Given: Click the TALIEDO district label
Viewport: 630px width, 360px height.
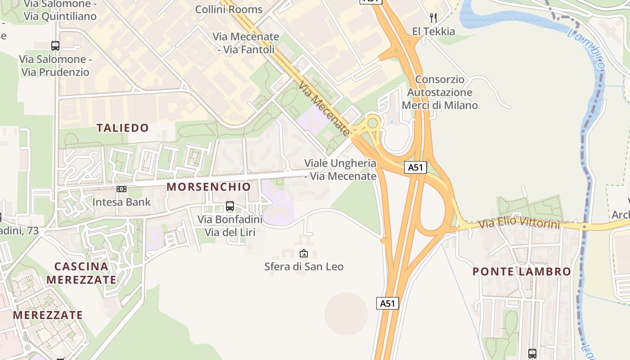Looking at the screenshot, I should [123, 128].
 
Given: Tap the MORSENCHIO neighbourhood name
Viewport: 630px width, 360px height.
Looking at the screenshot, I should [209, 187].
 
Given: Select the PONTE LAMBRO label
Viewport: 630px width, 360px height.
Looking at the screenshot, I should [522, 272].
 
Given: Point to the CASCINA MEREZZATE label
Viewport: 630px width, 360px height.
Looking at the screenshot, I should [81, 273].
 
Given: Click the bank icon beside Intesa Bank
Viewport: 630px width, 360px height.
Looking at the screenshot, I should [121, 189].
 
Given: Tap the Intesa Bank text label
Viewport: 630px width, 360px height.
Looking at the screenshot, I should [121, 202].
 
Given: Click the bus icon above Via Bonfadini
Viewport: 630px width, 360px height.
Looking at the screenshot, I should [230, 206].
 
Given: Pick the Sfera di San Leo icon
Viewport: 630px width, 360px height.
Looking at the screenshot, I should [304, 254].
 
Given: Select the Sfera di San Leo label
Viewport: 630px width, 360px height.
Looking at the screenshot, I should [304, 267].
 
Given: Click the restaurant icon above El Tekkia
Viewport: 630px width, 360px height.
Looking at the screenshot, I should [433, 18].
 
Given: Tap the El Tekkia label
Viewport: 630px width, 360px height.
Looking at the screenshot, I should [433, 31].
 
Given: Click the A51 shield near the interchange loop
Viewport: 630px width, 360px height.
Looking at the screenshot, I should [415, 167].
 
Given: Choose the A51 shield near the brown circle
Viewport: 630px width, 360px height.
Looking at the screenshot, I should [387, 303].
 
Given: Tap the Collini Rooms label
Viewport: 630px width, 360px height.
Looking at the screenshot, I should [229, 9].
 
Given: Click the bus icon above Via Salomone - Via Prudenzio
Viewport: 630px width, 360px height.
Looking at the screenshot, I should [55, 46].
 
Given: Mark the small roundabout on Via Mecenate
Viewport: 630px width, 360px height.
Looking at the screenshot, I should [373, 122].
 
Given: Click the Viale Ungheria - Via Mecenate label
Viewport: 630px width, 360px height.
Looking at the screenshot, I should [340, 170].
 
